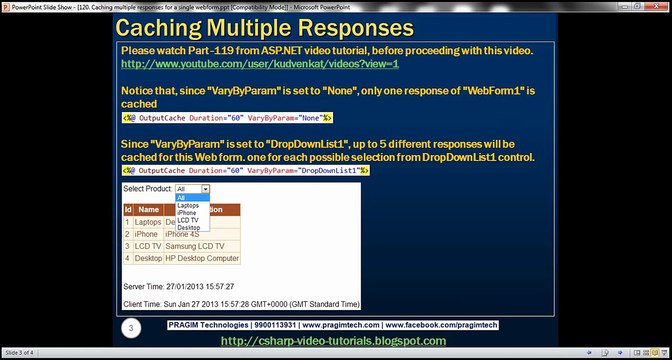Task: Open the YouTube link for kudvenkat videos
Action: point(260,64)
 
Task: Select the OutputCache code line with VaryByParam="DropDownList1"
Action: point(245,171)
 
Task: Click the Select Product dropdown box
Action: point(192,188)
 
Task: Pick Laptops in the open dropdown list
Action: point(188,205)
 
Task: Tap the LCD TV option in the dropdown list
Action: point(187,220)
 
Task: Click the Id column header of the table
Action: point(127,210)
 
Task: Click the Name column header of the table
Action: point(148,210)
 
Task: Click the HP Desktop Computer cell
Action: point(202,259)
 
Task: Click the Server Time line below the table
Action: point(179,286)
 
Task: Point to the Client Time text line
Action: point(240,302)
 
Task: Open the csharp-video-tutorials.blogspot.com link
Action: point(333,341)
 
